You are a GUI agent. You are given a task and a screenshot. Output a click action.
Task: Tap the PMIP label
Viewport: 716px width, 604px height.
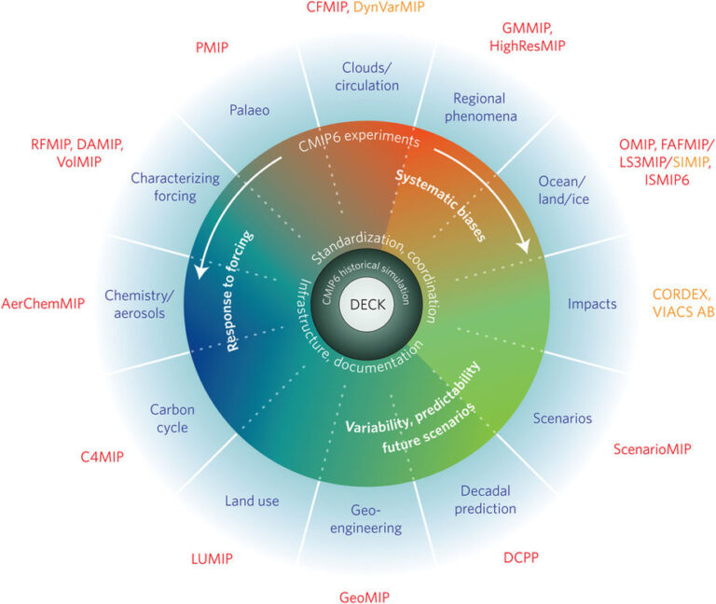212,46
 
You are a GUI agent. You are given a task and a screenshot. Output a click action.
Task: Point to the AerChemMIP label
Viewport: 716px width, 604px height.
44,304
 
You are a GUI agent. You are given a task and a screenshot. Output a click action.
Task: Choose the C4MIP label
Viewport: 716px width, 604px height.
102,458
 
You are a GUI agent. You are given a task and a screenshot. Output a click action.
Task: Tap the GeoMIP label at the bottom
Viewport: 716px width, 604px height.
364,597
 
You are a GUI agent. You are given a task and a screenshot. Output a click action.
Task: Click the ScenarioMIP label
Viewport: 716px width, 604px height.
652,449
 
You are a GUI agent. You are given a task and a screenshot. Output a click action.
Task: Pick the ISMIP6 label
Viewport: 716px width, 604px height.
667,180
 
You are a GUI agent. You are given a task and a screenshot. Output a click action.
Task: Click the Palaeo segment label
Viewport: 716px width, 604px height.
249,110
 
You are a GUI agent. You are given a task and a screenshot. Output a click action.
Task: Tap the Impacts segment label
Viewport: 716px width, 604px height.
592,304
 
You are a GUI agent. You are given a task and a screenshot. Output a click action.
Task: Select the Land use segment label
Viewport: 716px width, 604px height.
252,501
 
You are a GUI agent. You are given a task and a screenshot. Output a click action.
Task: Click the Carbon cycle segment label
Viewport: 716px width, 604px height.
170,419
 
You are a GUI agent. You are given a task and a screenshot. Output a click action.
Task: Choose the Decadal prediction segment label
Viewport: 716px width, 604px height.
488,500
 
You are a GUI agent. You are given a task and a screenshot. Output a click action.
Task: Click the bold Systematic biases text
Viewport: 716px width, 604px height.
440,205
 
